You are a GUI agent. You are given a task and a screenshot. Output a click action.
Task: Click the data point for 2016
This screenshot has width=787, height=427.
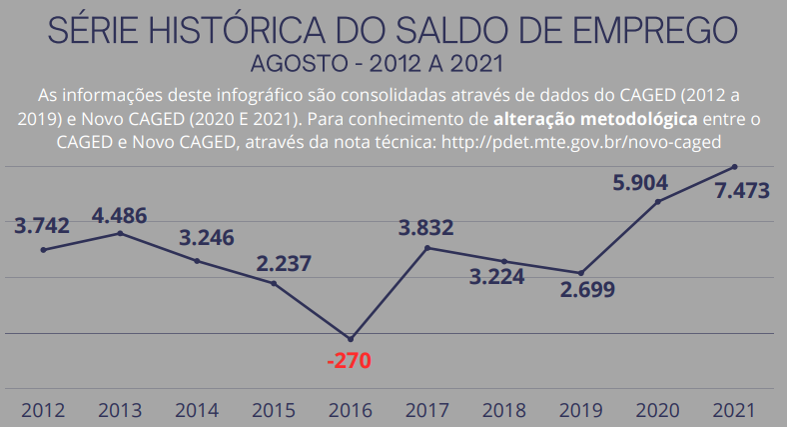350,338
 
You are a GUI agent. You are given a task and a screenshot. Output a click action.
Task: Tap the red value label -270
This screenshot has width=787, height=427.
349,360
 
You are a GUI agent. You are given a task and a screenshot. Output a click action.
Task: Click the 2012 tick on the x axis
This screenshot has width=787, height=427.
43,410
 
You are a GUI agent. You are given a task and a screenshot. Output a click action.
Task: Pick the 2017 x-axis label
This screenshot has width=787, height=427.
427,410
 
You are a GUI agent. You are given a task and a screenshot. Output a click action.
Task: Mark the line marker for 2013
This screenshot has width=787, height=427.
120,233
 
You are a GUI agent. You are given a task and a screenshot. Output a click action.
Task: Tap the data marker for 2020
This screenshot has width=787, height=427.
657,202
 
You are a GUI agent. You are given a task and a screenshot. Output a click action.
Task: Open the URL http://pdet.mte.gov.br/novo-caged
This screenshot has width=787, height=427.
607,141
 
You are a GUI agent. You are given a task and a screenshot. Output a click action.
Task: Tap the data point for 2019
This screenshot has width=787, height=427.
580,273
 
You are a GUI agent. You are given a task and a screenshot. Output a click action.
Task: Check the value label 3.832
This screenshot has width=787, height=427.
425,228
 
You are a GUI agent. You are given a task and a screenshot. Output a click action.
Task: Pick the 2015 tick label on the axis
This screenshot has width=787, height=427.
274,410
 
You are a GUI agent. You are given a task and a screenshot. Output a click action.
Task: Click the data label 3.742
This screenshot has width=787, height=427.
42,226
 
